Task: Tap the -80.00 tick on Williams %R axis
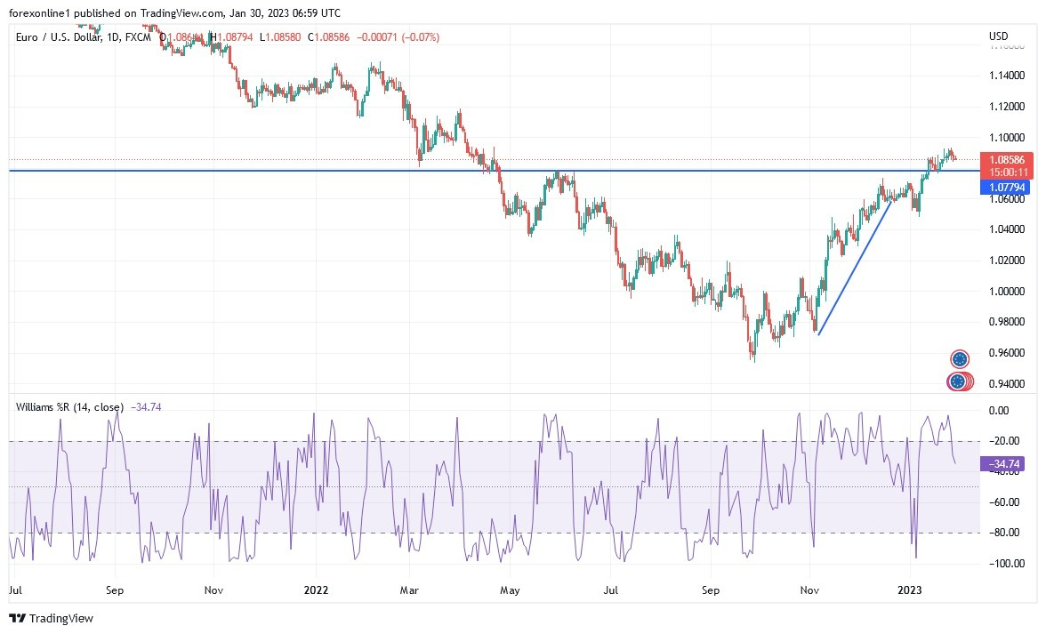tap(1002, 533)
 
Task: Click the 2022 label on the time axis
tap(316, 590)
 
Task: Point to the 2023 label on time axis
tap(910, 590)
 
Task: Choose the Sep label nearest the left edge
tap(114, 590)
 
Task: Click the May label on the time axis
tap(510, 590)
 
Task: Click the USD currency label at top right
tap(999, 36)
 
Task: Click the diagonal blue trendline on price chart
tap(855, 268)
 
